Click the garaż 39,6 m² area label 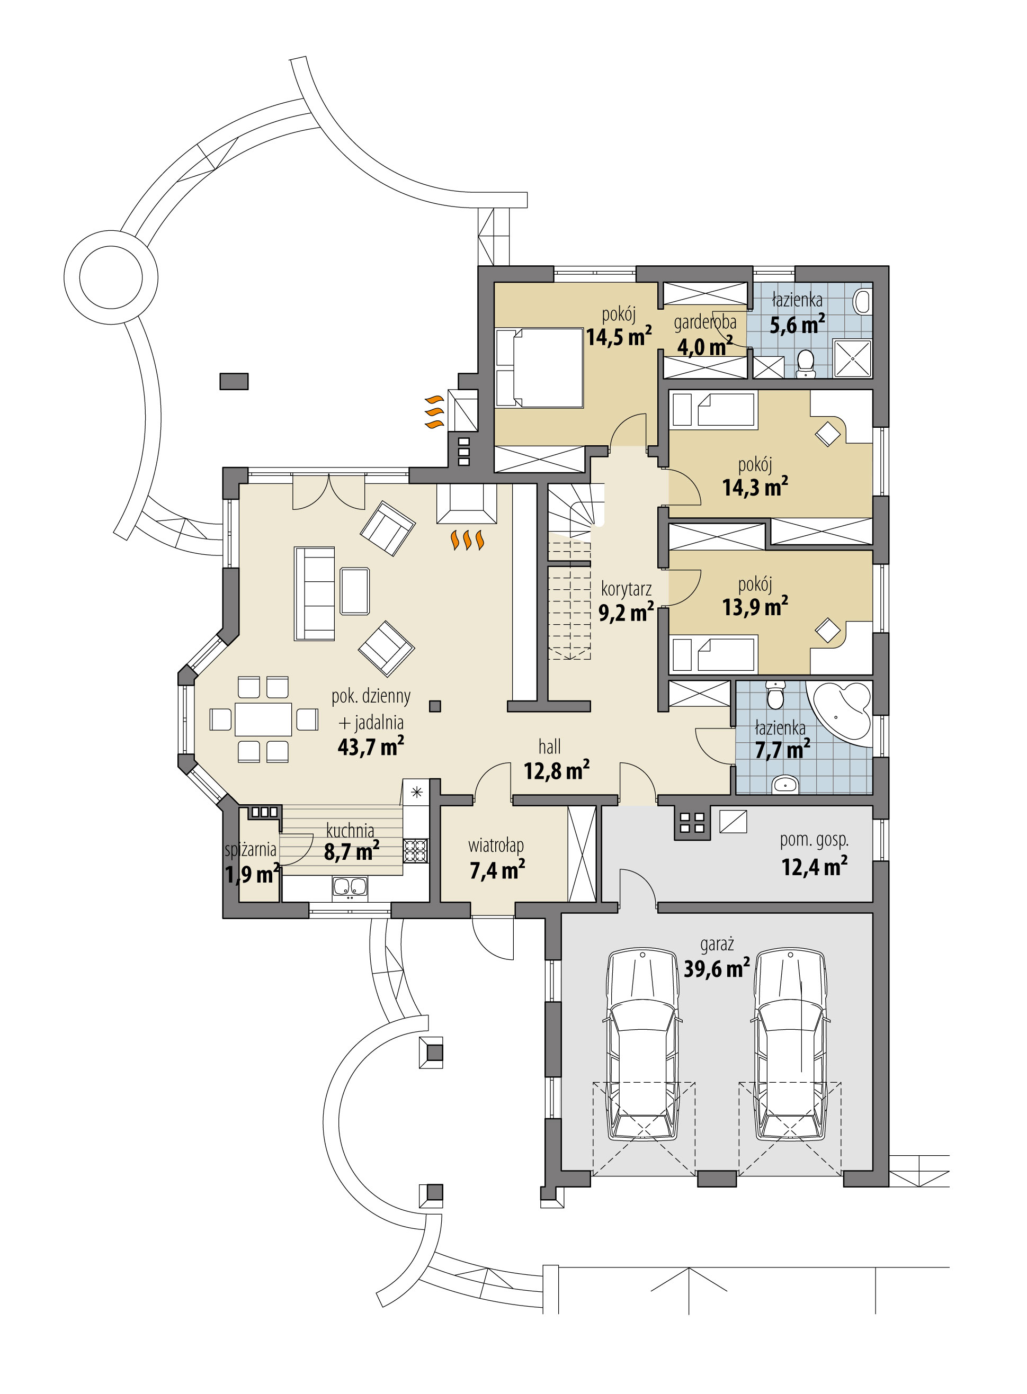click(x=716, y=958)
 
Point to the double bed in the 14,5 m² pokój click(x=539, y=367)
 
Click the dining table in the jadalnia click(x=263, y=719)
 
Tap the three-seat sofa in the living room click(x=315, y=593)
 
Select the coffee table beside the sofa click(x=354, y=591)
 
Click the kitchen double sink click(x=350, y=887)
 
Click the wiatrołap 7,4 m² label click(x=496, y=858)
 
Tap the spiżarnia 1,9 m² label click(x=251, y=862)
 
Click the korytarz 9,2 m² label click(x=626, y=601)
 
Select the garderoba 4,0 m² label click(x=704, y=335)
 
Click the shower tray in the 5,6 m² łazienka click(x=852, y=358)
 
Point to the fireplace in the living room click(x=466, y=503)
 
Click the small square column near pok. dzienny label click(x=435, y=706)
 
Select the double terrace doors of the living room click(x=329, y=493)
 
